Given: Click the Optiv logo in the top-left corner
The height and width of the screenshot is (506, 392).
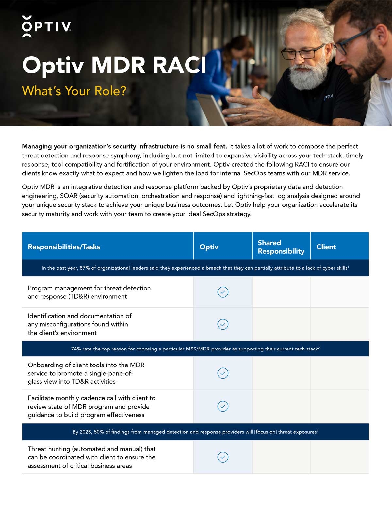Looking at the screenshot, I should point(46,26).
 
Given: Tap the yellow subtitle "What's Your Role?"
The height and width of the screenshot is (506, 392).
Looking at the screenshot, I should point(74,91).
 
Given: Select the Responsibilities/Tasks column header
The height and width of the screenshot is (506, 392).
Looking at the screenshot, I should point(64,247).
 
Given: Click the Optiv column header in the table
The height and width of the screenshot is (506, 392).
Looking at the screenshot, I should point(209,247).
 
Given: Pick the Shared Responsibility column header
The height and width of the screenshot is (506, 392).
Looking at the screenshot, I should point(281,247).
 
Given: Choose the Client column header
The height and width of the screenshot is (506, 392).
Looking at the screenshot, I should point(326,247).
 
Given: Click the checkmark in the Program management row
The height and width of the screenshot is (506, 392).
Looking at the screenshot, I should point(223,292).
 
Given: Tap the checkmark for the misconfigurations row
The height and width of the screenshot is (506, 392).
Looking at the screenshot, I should point(223,324).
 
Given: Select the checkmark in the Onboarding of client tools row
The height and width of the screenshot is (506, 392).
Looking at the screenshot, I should point(223,373).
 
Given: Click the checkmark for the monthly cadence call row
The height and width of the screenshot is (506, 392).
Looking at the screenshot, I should point(223,406).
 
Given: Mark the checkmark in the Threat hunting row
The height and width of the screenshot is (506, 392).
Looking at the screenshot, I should point(223,457).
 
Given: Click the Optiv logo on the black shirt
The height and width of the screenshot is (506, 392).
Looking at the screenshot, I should point(328,97).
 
